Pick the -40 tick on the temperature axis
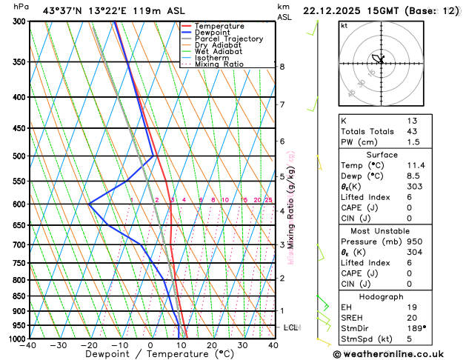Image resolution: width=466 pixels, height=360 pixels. pos(29,345)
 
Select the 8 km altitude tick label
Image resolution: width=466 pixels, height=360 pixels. pos(282,67)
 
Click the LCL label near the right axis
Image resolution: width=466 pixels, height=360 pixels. pos(291,327)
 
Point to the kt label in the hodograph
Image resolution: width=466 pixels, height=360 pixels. pos(344,25)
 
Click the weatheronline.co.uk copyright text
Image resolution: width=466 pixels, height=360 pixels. pos(397,355)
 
